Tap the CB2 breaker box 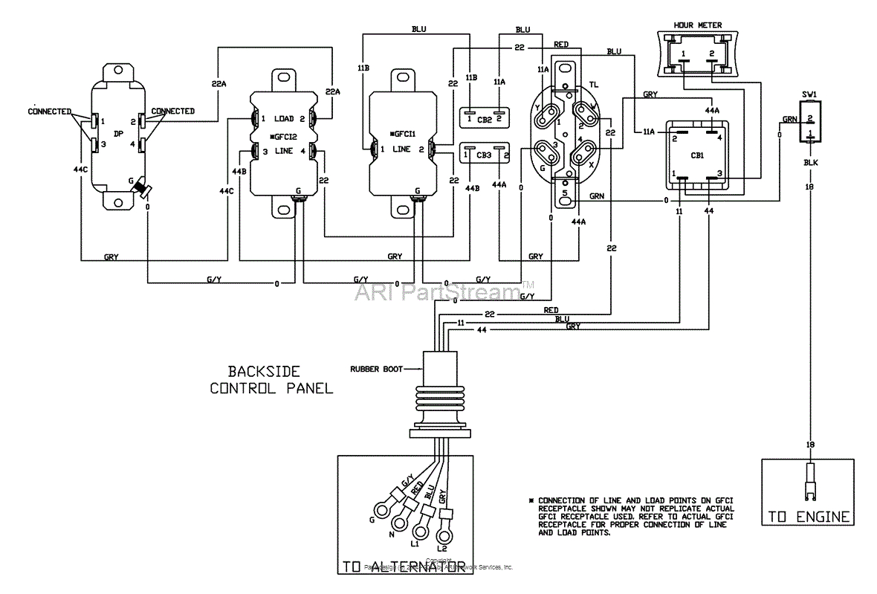tap(483, 117)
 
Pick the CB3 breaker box tap(483, 154)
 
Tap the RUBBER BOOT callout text tap(377, 368)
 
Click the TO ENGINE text tap(806, 517)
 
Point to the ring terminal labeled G tap(384, 509)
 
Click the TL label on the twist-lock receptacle tap(592, 84)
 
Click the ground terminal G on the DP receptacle tap(140, 191)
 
